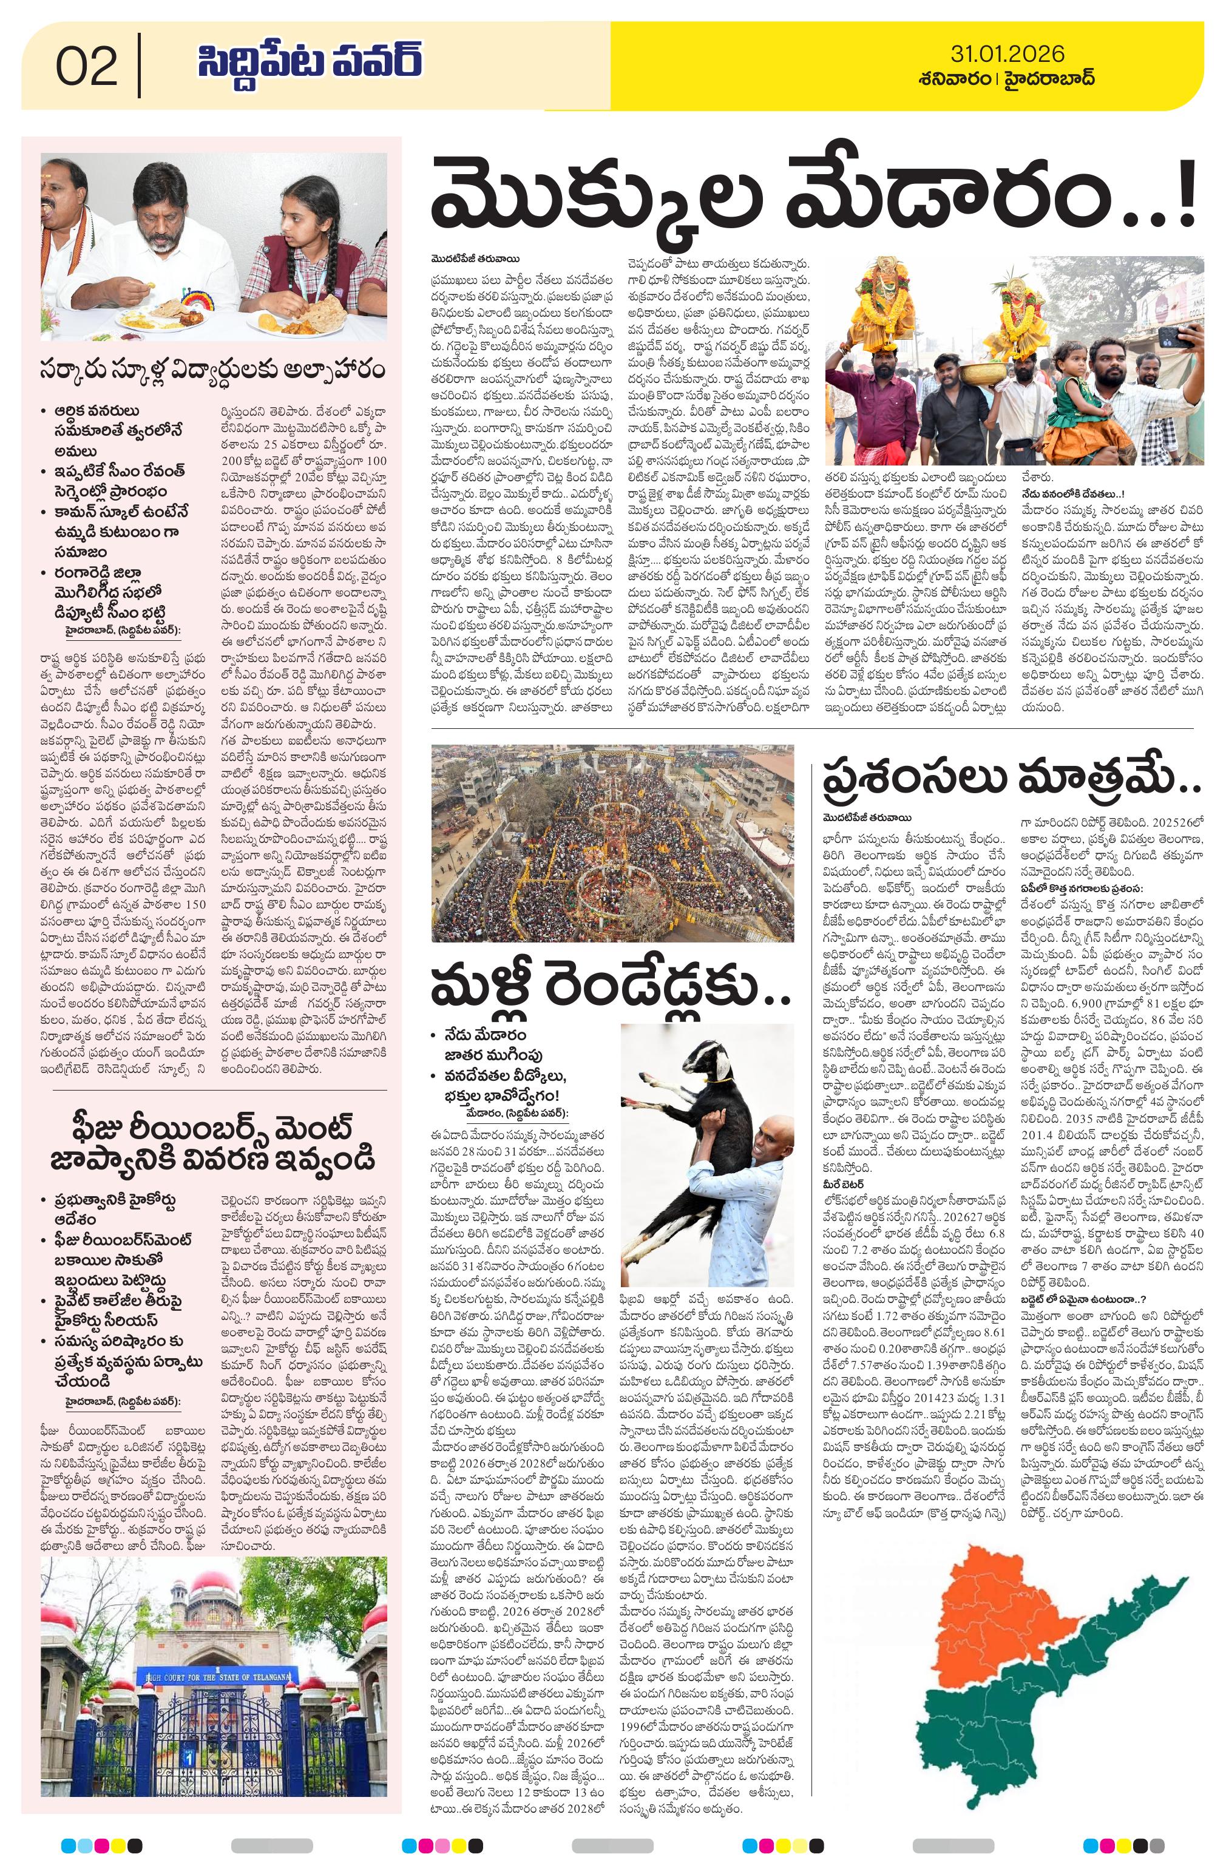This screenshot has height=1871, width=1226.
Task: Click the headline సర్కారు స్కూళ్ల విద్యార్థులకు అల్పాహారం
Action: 212,369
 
